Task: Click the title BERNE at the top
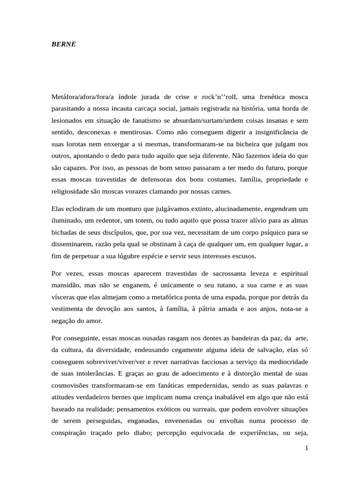coord(63,45)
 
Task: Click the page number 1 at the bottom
coord(307,449)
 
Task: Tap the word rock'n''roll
coord(220,97)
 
